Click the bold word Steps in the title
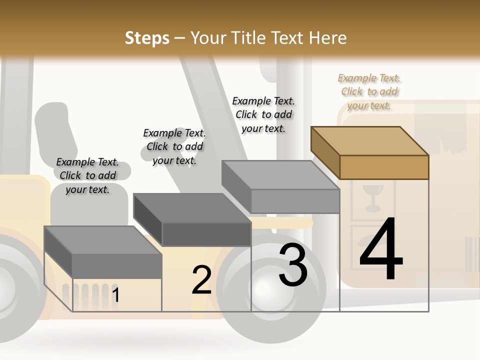pyautogui.click(x=146, y=38)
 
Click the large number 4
pyautogui.click(x=381, y=250)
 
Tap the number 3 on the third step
pyautogui.click(x=292, y=265)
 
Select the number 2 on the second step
pyautogui.click(x=201, y=280)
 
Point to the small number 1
pyautogui.click(x=115, y=295)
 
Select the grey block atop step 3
pyautogui.click(x=295, y=200)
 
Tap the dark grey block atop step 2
pyautogui.click(x=206, y=233)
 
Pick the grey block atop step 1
pyautogui.click(x=116, y=265)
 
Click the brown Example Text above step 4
pyautogui.click(x=369, y=91)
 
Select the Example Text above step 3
pyautogui.click(x=263, y=114)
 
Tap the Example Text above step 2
pyautogui.click(x=174, y=146)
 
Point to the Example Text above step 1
pyautogui.click(x=87, y=175)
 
